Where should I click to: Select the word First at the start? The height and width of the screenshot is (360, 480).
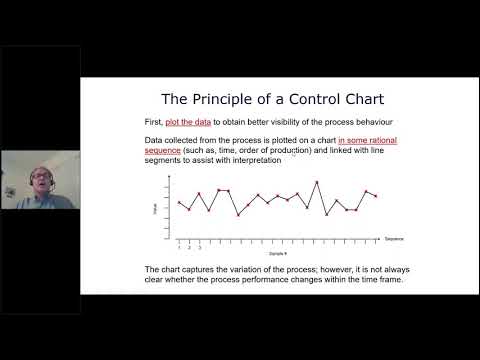pyautogui.click(x=154, y=121)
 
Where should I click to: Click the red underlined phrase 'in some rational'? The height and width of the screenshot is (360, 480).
pyautogui.click(x=367, y=140)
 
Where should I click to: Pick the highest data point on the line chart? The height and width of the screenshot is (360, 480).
pyautogui.click(x=317, y=182)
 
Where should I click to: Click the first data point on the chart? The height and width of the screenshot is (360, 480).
pyautogui.click(x=179, y=203)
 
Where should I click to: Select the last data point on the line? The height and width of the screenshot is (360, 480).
pyautogui.click(x=376, y=196)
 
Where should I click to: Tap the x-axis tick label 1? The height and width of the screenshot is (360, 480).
pyautogui.click(x=179, y=246)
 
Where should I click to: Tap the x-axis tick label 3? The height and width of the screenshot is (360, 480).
pyautogui.click(x=199, y=246)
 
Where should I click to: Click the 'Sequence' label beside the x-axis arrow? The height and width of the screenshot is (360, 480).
pyautogui.click(x=394, y=239)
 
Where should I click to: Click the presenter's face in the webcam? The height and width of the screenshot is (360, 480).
pyautogui.click(x=40, y=176)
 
